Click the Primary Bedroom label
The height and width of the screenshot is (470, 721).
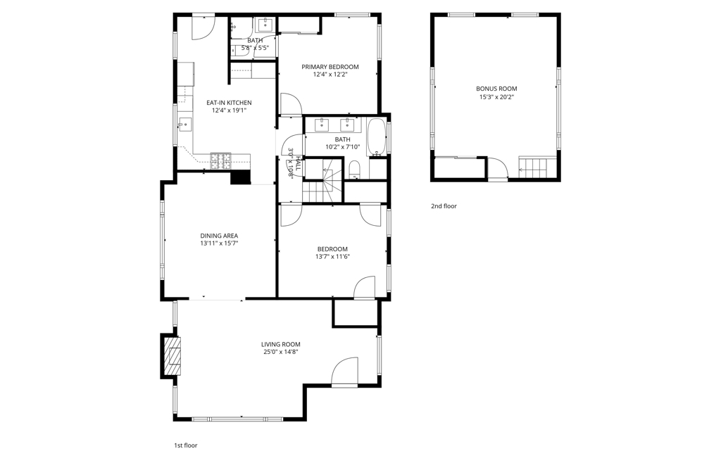[x=330, y=67]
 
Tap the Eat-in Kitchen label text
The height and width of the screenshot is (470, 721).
[x=229, y=103]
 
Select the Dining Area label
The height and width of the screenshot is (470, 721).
[x=219, y=236]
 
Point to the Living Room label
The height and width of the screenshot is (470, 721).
[x=280, y=344]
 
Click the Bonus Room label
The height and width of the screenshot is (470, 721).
[x=496, y=89]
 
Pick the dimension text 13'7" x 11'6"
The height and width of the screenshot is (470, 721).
[x=332, y=257]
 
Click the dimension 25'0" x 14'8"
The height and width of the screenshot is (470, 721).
[x=280, y=352]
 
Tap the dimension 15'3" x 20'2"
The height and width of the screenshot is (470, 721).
[x=496, y=97]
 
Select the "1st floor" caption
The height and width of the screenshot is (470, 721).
[x=186, y=445]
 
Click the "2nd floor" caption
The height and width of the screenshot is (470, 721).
[x=444, y=206]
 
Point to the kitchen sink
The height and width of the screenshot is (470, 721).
[x=185, y=124]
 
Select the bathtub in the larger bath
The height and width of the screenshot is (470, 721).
[x=377, y=137]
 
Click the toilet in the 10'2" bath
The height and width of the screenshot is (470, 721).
[x=355, y=170]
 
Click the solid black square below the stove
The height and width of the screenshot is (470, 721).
[x=240, y=177]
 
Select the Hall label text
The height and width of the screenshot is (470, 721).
[x=299, y=163]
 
